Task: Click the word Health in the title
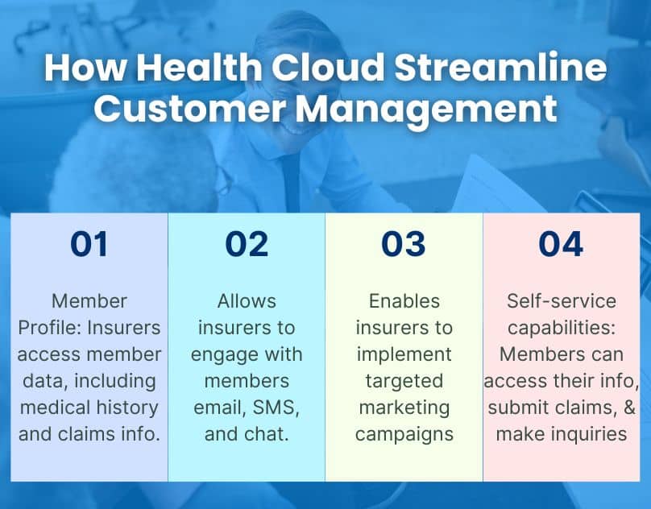pos(189,69)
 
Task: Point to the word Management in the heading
pos(419,109)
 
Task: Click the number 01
pos(89,245)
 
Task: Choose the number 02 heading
pos(247,245)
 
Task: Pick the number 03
pos(404,245)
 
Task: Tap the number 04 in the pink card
pos(562,245)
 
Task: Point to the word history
pos(127,408)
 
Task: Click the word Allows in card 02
pos(247,301)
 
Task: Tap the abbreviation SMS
pos(276,408)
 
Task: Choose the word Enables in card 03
pos(404,301)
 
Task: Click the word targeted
pos(404,381)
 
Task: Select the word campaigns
pos(404,434)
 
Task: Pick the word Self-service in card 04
pos(562,301)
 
